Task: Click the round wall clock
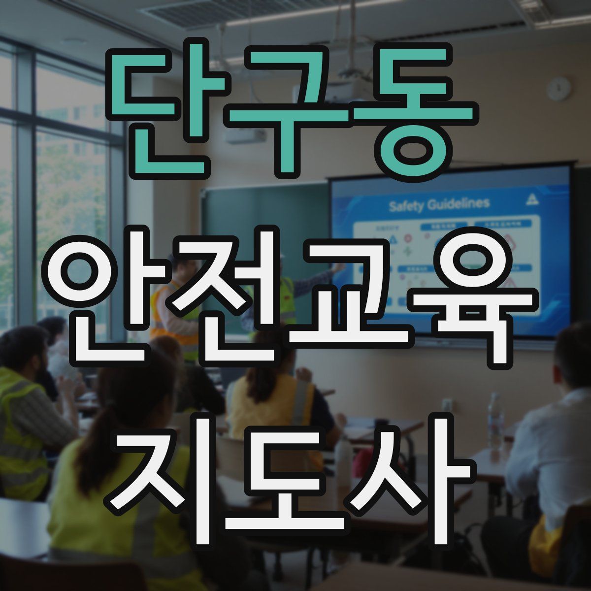[559, 89]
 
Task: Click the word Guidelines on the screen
[459, 203]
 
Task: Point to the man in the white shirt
[547, 443]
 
